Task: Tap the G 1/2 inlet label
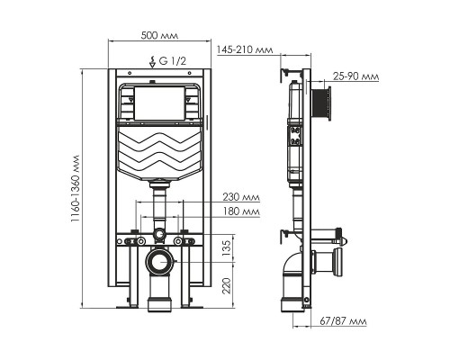[174, 61]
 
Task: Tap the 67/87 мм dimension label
[346, 320]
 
